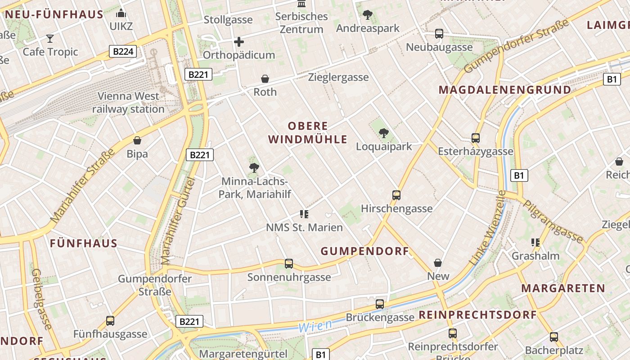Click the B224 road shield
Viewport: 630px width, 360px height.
[x=123, y=51]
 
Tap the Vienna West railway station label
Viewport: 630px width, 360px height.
[x=128, y=103]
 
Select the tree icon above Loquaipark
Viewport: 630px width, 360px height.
[x=384, y=133]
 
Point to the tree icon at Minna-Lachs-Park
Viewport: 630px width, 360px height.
[x=254, y=168]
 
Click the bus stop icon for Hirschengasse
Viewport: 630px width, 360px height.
[x=396, y=195]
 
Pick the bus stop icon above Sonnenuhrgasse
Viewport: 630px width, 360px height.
[x=289, y=263]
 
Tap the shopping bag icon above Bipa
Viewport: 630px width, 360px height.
[x=137, y=141]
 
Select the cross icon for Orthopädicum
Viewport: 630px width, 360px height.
[x=239, y=42]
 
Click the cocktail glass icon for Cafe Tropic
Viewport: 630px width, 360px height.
[x=50, y=39]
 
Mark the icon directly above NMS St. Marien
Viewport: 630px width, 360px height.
[x=304, y=214]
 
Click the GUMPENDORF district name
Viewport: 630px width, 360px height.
[x=365, y=251]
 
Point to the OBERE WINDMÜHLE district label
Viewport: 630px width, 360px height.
[x=308, y=132]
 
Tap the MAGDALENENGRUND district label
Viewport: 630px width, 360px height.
[x=505, y=90]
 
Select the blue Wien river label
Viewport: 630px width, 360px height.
[x=315, y=326]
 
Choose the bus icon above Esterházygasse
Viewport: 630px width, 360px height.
[x=476, y=138]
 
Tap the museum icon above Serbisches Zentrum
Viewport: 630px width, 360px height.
[x=301, y=4]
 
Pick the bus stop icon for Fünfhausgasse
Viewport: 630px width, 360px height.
[x=110, y=321]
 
